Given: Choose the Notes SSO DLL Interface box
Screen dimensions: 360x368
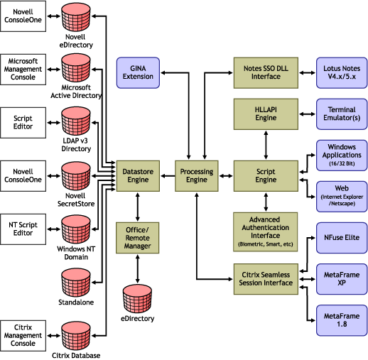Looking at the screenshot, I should pyautogui.click(x=265, y=72).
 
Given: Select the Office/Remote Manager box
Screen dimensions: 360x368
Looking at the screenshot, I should pyautogui.click(x=136, y=236).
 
